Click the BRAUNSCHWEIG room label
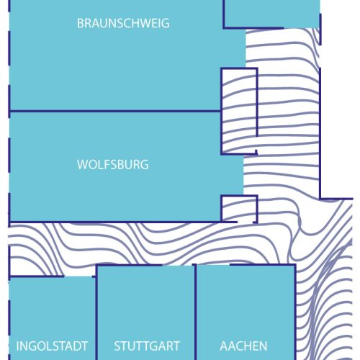click(123, 23)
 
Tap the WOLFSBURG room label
click(113, 165)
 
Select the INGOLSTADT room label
click(52, 346)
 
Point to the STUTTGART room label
click(147, 346)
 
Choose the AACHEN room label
click(243, 346)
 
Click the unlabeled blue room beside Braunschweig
click(271, 14)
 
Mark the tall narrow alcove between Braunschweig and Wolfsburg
click(239, 111)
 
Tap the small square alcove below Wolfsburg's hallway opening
click(239, 209)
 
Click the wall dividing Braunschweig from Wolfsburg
click(115, 111)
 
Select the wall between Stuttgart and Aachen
click(195, 312)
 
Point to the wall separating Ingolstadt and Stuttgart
click(96, 312)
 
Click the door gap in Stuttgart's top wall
click(177, 266)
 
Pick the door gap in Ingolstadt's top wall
click(78, 276)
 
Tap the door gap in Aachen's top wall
click(213, 265)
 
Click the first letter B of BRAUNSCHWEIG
click(80, 23)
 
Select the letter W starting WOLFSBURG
click(82, 165)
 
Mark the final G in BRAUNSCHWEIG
click(166, 23)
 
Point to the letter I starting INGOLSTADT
click(17, 346)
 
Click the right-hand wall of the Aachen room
click(295, 312)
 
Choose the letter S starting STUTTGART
click(117, 346)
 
